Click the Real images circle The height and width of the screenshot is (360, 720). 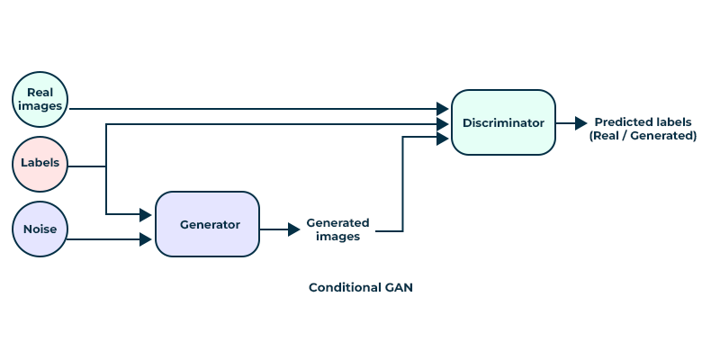(40, 99)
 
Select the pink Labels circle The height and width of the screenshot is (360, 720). (40, 164)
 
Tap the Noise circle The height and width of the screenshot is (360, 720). (40, 229)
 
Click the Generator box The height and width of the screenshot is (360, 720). (208, 224)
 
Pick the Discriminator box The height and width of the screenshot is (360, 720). (503, 122)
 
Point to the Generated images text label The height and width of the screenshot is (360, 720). (337, 229)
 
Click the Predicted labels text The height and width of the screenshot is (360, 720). (643, 121)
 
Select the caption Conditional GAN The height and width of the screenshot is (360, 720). (360, 288)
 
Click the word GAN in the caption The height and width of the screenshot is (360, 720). (396, 288)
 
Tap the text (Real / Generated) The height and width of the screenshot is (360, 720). (643, 136)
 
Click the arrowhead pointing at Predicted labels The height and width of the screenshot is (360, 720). (581, 122)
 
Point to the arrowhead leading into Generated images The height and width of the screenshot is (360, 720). (293, 229)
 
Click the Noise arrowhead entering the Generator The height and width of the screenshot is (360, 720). (145, 239)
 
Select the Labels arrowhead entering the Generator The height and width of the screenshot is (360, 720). (145, 214)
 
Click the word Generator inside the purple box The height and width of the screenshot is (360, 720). (210, 224)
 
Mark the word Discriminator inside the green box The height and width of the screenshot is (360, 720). (503, 122)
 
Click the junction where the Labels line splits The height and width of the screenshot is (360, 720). (106, 166)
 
